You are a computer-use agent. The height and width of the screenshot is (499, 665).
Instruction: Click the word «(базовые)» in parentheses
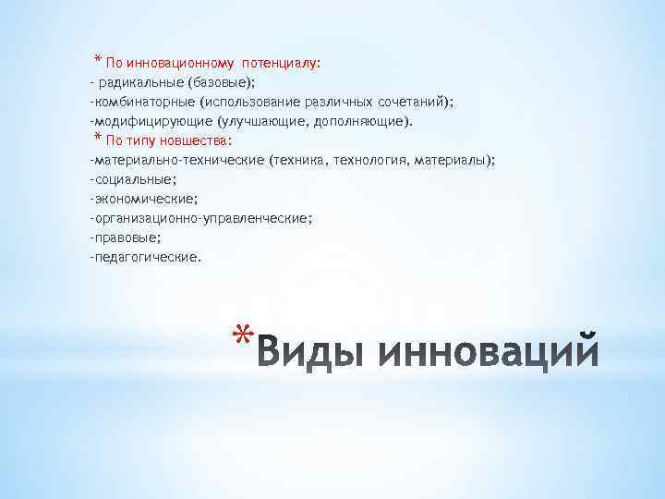pyautogui.click(x=214, y=82)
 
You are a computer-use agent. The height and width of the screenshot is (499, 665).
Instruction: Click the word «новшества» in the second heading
pyautogui.click(x=201, y=140)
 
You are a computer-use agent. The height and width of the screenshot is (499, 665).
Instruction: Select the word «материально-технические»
pyautogui.click(x=177, y=160)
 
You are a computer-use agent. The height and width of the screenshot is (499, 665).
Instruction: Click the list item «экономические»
pyautogui.click(x=144, y=199)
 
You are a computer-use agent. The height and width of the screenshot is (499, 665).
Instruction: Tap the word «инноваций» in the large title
pyautogui.click(x=490, y=353)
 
